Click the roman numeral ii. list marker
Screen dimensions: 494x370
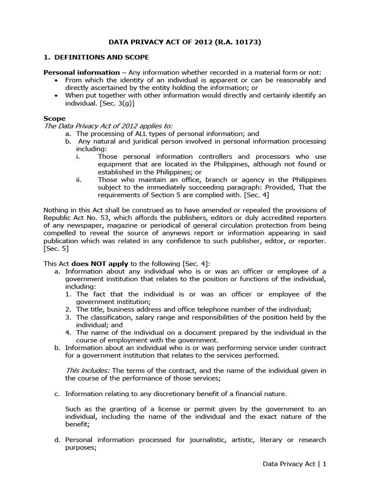(x=79, y=179)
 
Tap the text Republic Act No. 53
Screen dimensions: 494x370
(x=72, y=218)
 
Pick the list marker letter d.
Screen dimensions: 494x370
(x=58, y=439)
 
